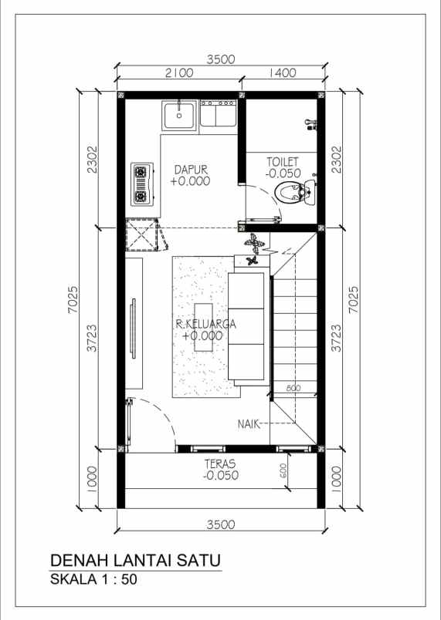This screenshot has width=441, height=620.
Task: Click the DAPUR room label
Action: [x=191, y=170]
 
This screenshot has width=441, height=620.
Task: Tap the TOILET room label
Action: [x=282, y=162]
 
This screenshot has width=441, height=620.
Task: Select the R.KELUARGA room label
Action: [x=206, y=324]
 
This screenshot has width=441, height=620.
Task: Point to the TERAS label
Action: [x=219, y=463]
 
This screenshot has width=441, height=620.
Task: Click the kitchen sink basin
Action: [x=179, y=115]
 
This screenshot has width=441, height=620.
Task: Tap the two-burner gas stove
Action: [x=141, y=184]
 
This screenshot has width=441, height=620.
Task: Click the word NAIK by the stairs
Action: [x=249, y=424]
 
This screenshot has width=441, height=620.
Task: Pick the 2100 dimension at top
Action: [x=179, y=72]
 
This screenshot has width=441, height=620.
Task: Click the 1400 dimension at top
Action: [x=282, y=72]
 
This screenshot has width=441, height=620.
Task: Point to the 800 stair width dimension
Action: [x=293, y=389]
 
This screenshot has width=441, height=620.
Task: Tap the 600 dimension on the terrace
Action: [x=283, y=470]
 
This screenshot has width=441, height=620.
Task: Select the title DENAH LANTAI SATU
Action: [x=135, y=561]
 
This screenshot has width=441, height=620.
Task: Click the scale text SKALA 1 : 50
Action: [x=93, y=579]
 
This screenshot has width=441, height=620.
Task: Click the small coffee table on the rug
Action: [x=203, y=327]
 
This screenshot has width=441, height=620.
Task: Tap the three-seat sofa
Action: [x=249, y=326]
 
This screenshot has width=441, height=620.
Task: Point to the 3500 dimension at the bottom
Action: [x=221, y=524]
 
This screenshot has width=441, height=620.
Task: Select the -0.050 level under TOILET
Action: [x=283, y=174]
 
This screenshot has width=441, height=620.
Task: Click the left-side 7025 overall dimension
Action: [x=73, y=300]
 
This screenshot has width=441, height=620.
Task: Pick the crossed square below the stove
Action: [x=141, y=235]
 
